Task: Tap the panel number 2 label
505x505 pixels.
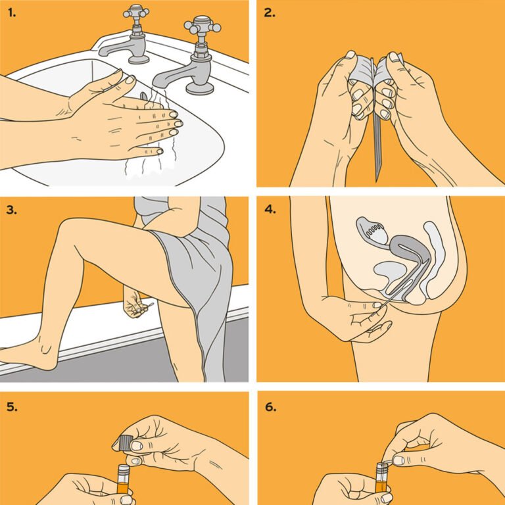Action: pyautogui.click(x=270, y=13)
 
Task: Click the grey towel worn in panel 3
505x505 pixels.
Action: pyautogui.click(x=197, y=276)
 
